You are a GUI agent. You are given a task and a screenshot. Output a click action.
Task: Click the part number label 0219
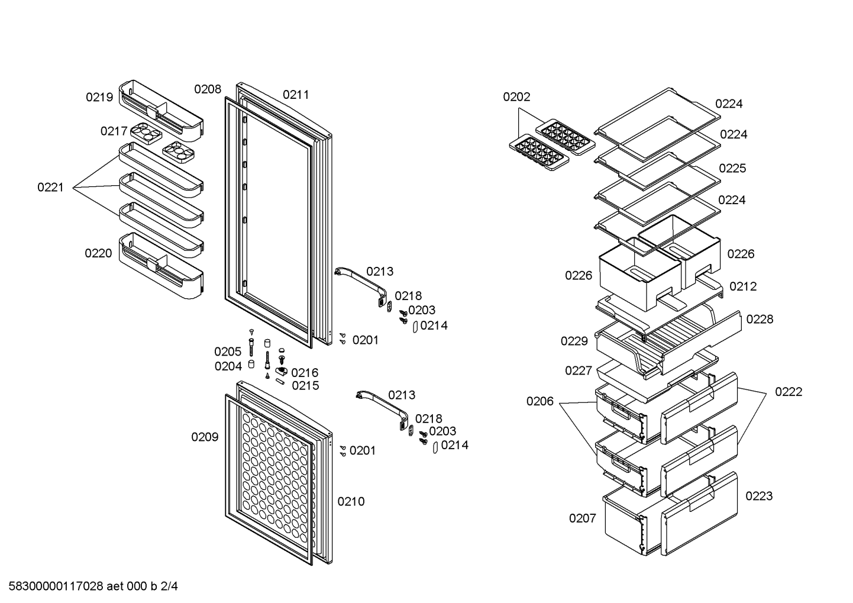pos(99,98)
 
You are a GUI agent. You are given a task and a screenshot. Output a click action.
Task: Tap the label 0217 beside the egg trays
pos(114,131)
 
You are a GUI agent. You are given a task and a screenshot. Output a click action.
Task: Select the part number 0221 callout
pos(50,188)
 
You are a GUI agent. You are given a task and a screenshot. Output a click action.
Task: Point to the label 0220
pos(98,253)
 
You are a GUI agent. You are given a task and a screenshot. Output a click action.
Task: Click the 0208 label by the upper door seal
pos(208,89)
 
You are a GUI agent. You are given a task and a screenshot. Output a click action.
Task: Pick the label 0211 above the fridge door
pos(296,95)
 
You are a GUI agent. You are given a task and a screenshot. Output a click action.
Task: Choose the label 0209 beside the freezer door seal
pos(205,437)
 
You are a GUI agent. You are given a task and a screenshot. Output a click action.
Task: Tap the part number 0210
pos(351,501)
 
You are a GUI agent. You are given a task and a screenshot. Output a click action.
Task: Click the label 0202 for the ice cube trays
pos(516,97)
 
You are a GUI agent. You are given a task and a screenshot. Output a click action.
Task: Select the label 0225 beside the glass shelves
pos(732,169)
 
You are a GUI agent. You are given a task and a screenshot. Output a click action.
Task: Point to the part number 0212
pos(743,286)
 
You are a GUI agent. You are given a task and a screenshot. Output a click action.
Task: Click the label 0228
pos(760,319)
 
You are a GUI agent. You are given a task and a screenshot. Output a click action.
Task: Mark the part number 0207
pos(582,518)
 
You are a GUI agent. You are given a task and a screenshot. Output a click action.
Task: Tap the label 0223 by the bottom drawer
pos(759,496)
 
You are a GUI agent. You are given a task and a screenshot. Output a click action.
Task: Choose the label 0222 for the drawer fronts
pos(789,392)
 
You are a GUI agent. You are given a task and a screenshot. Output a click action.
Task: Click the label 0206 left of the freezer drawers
pos(540,401)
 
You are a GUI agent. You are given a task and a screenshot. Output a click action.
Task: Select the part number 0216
pos(305,373)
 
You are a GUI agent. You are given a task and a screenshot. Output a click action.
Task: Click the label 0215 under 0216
pos(305,386)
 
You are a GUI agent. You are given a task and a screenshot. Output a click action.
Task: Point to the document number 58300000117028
pos(56,586)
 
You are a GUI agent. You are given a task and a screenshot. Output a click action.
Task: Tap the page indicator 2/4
pos(169,586)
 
